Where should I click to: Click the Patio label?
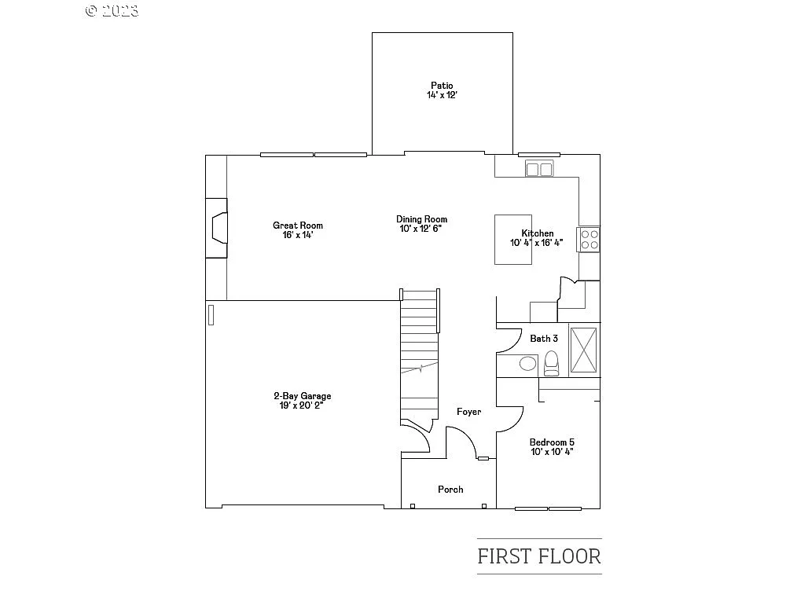pos(442,86)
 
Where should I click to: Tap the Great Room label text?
pos(298,226)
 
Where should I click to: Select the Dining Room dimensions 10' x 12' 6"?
pos(421,229)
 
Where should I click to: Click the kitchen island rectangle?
pos(512,240)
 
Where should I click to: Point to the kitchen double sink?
pos(539,169)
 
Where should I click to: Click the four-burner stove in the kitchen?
pos(589,240)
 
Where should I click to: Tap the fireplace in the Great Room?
pos(216,228)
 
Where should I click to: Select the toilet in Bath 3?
pos(551,361)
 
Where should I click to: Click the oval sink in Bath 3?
pos(528,363)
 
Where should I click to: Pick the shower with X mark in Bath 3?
pos(583,349)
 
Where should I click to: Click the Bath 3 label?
pos(544,339)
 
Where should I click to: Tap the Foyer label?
pos(469,412)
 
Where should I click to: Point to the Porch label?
pos(450,490)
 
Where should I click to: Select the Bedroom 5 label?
pos(551,442)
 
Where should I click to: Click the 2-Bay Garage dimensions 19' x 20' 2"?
pos(302,405)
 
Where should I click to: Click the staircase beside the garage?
pos(418,354)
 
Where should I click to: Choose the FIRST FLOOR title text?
pos(539,556)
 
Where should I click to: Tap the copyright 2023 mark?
pos(112,10)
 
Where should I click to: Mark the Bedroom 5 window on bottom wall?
pos(548,508)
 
